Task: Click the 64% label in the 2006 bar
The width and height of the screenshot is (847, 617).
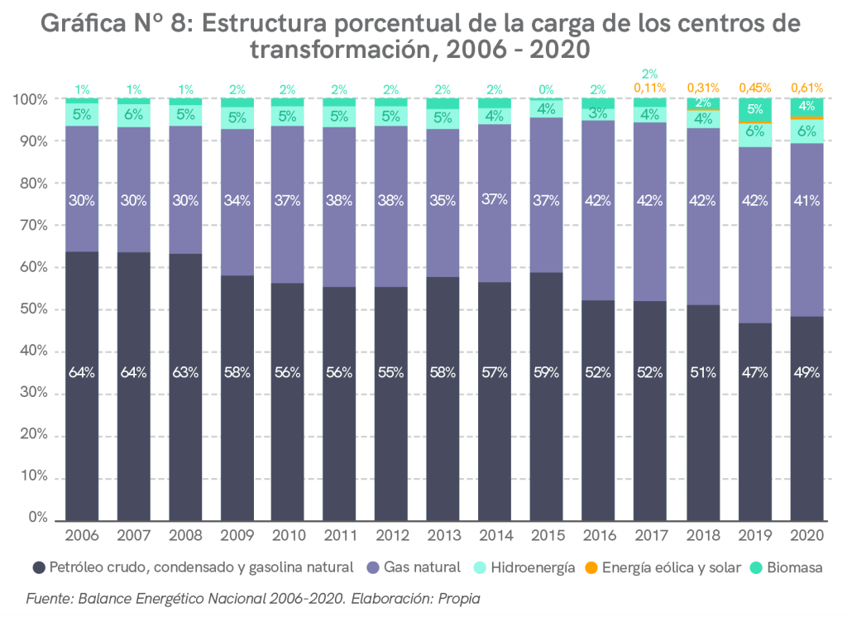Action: (x=82, y=372)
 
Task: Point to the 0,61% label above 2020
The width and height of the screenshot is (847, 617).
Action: (x=806, y=88)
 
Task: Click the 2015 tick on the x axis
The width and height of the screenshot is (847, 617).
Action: (x=547, y=535)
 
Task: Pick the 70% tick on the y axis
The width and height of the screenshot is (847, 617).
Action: (x=33, y=226)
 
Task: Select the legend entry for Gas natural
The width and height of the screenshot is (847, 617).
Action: (x=414, y=567)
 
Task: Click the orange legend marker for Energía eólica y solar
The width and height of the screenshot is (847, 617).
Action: (x=591, y=568)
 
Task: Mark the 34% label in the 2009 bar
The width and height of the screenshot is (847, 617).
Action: (x=237, y=199)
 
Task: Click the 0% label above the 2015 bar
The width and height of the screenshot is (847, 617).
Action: (x=547, y=89)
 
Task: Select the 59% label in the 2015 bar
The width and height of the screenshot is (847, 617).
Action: (x=547, y=372)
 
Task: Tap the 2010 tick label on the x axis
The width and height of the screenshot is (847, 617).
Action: (x=289, y=535)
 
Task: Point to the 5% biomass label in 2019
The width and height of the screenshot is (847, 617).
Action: (x=754, y=108)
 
